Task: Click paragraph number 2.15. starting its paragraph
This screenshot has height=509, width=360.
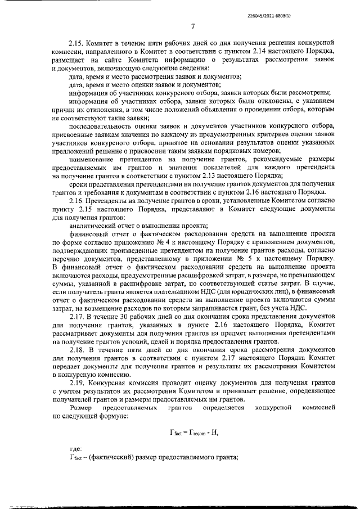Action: pyautogui.click(x=76, y=42)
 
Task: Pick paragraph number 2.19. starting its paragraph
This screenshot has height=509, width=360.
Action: pyautogui.click(x=76, y=382)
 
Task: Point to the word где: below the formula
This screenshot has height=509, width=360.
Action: pyautogui.click(x=74, y=449)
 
